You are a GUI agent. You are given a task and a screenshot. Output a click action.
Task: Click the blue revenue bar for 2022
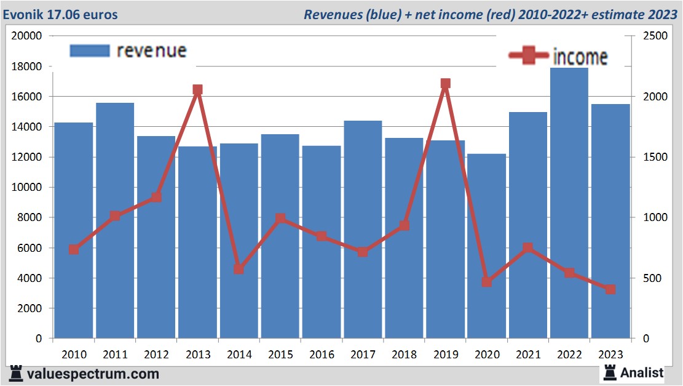[569, 203]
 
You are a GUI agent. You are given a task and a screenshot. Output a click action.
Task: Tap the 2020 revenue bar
[486, 246]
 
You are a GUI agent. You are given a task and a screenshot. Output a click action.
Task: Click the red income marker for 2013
[197, 90]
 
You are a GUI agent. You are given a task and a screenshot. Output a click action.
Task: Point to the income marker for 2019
[445, 84]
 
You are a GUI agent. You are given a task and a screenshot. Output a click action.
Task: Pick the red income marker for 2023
[610, 289]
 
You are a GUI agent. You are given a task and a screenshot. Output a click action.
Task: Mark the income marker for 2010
[74, 249]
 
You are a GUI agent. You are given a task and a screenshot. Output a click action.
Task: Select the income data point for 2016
[322, 236]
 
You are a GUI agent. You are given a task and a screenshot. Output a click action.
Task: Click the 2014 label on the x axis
[239, 355]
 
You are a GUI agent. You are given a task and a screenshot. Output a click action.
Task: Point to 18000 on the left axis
[26, 66]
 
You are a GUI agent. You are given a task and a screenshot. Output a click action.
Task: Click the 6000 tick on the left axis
[29, 248]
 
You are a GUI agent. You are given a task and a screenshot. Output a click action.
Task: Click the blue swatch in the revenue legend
[90, 50]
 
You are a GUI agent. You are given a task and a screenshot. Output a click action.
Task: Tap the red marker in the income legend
[528, 56]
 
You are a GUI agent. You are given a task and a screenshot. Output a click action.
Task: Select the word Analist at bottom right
[642, 372]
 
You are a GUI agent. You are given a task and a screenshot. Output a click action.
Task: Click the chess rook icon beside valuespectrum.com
[17, 373]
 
